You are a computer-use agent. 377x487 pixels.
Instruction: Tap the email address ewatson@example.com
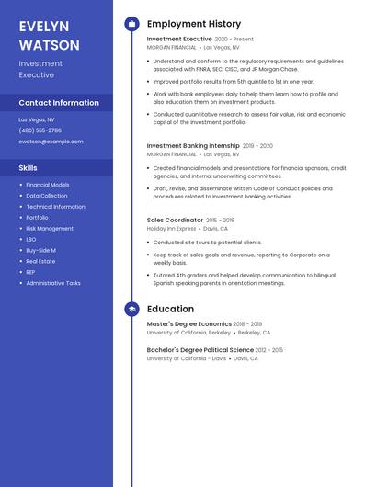[51, 142]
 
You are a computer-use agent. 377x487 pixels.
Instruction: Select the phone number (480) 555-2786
[40, 130]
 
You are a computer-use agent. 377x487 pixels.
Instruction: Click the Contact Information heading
[59, 103]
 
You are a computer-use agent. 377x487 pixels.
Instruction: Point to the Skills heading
[29, 168]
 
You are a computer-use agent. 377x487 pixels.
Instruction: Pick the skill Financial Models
[48, 185]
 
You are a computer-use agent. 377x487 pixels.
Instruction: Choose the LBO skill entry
[31, 239]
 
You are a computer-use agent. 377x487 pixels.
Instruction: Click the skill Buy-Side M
[41, 250]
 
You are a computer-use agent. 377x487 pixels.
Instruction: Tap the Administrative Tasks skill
[53, 283]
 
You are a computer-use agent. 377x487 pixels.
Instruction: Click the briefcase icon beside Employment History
[131, 24]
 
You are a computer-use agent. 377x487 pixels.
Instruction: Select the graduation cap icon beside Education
[131, 310]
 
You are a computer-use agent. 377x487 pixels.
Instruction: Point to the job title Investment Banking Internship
[193, 145]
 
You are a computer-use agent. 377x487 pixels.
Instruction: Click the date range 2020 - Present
[234, 40]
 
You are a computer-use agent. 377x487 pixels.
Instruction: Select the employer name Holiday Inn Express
[171, 229]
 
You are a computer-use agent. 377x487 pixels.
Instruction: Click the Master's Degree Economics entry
[189, 323]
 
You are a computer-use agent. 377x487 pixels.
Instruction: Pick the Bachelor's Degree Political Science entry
[200, 350]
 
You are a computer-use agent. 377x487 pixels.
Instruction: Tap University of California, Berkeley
[188, 333]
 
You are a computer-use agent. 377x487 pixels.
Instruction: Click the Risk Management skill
[50, 228]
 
